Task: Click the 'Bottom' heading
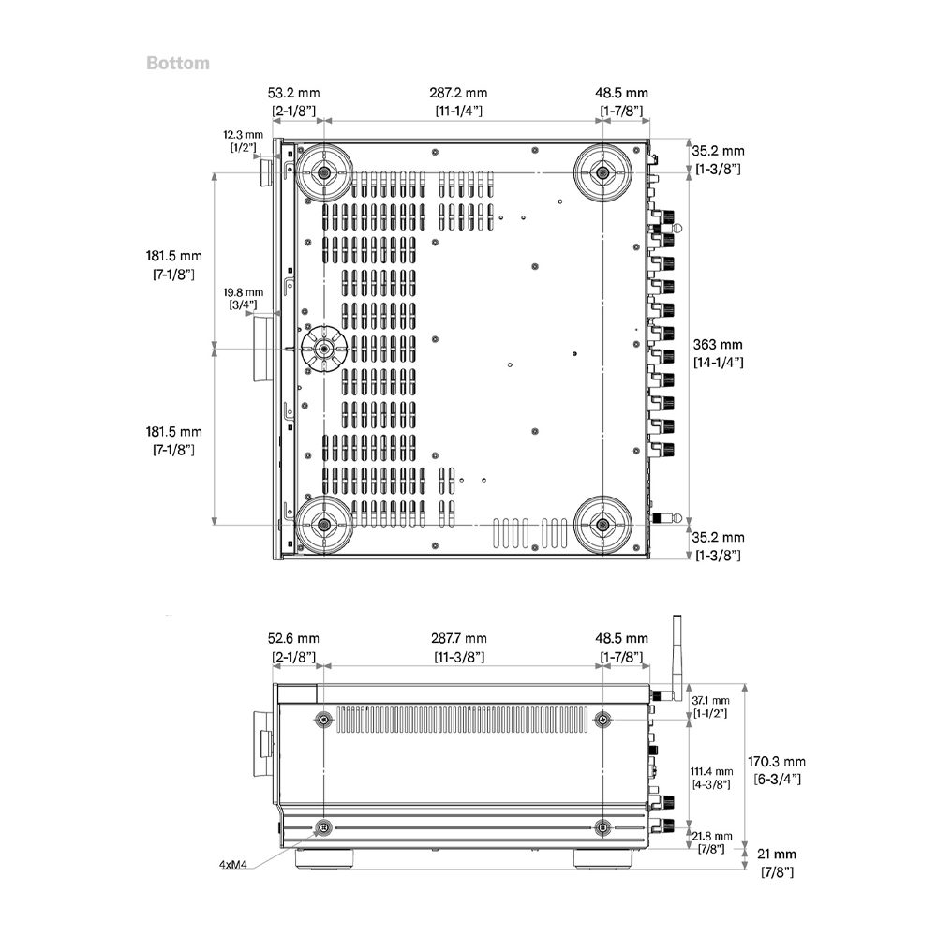(178, 64)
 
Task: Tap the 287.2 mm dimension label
(458, 93)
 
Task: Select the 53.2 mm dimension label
(293, 93)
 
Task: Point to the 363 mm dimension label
(718, 344)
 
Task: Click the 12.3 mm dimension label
(244, 134)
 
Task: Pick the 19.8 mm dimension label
(244, 292)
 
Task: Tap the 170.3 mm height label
(776, 761)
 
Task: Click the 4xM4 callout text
(233, 864)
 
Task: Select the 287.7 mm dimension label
(459, 638)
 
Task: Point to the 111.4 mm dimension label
(711, 771)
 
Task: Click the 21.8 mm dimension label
(712, 836)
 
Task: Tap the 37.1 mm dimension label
(710, 700)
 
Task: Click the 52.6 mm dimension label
(293, 638)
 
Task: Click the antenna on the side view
(677, 658)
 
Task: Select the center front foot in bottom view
(324, 349)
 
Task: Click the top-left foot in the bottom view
(324, 172)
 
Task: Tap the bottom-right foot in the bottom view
(602, 525)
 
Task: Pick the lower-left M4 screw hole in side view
(324, 827)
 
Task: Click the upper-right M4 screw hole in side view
(602, 720)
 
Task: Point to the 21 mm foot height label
(776, 854)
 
